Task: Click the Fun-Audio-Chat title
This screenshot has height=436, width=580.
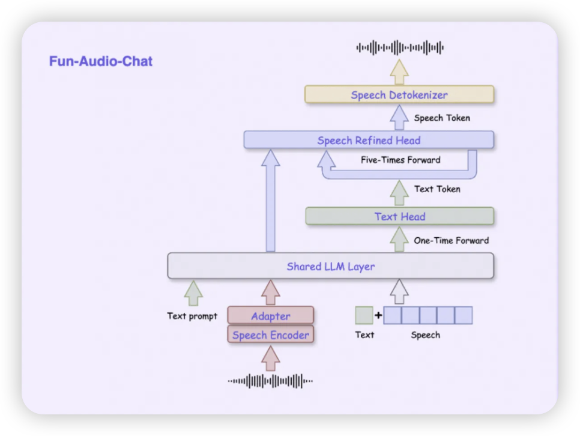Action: [x=101, y=61]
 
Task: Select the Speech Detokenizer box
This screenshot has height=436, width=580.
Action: [x=399, y=95]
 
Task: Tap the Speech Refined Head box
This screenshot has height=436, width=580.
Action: [x=369, y=141]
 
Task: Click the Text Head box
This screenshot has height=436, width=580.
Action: [x=399, y=216]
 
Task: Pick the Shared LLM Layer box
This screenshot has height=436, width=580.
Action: [x=330, y=266]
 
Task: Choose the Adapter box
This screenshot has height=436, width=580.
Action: [x=270, y=316]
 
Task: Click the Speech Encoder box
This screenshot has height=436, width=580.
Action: [x=270, y=335]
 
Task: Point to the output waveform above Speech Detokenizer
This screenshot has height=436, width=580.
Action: [x=400, y=47]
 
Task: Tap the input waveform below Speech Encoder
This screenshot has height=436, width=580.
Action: [x=270, y=381]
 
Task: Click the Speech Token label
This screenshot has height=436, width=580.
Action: [x=442, y=118]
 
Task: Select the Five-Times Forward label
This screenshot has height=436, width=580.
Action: [x=400, y=160]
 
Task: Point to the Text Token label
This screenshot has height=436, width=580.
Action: [x=437, y=189]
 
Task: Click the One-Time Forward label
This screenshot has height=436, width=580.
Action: [x=451, y=240]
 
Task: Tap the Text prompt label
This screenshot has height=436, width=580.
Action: [x=192, y=316]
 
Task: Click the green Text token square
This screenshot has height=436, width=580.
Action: [x=364, y=315]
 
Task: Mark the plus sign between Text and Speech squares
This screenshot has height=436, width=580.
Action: [x=378, y=315]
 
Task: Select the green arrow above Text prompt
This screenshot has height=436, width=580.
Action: [x=193, y=293]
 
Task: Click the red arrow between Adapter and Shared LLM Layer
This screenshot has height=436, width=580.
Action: [x=271, y=292]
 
